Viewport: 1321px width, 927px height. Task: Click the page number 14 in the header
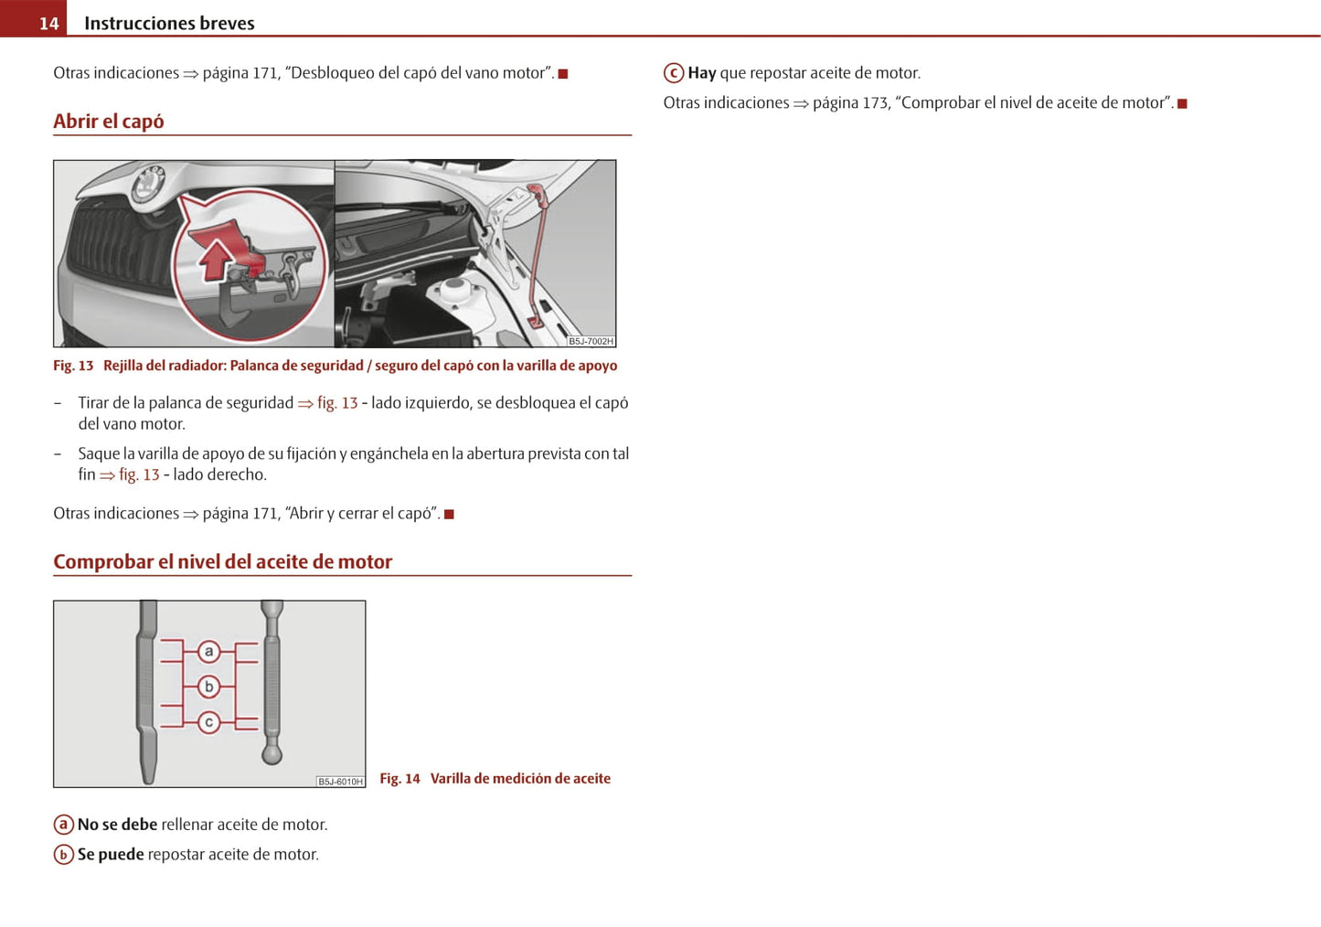coord(48,23)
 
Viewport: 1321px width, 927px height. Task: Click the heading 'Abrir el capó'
coord(109,122)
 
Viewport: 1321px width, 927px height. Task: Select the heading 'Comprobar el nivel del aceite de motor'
coord(222,561)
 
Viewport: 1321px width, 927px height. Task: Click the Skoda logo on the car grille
coord(147,186)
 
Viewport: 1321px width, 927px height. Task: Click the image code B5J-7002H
coord(591,341)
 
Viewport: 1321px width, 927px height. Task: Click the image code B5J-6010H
coord(340,782)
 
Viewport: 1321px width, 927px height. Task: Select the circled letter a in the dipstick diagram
coord(209,652)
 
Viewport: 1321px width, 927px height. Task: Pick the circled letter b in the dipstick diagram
coord(209,687)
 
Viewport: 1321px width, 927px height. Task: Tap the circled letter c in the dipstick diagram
coord(209,722)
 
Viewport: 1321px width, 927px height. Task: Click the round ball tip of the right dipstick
coord(272,754)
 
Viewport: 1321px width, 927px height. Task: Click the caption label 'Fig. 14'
coord(399,779)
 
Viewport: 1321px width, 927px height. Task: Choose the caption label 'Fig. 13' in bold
coord(73,366)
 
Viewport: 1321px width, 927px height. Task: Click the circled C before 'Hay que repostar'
coord(674,73)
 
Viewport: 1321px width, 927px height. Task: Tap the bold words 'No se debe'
coord(117,825)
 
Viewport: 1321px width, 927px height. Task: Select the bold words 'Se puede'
coord(111,855)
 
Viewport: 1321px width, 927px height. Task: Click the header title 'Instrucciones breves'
coord(169,23)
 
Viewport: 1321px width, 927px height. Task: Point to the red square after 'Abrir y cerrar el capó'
coord(449,515)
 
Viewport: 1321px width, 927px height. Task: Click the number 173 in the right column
coord(875,103)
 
